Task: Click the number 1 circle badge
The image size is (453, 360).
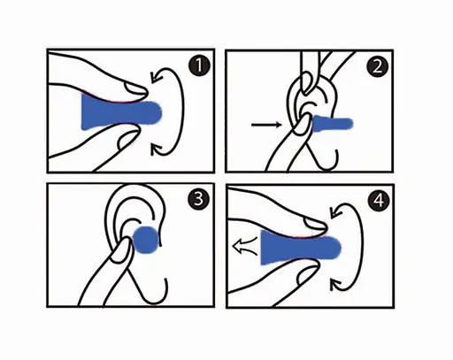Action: point(199,66)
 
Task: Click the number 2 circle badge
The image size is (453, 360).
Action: point(378,66)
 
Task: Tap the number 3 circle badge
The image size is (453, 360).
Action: point(198,199)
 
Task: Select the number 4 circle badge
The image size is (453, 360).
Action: point(379,200)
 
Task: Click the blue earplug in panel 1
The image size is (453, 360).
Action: point(121,112)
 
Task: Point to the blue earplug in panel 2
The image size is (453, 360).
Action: point(332,123)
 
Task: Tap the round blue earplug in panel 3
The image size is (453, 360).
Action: point(145,240)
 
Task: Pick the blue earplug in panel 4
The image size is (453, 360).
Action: point(301,248)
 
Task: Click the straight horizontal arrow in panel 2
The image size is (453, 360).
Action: point(266,125)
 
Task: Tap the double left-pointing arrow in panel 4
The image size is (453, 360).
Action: point(246,245)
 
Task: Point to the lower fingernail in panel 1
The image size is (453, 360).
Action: point(127,139)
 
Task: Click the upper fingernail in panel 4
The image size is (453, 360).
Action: point(316,223)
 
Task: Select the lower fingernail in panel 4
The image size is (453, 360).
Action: point(308,274)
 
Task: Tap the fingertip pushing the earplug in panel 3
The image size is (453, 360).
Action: point(121,249)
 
